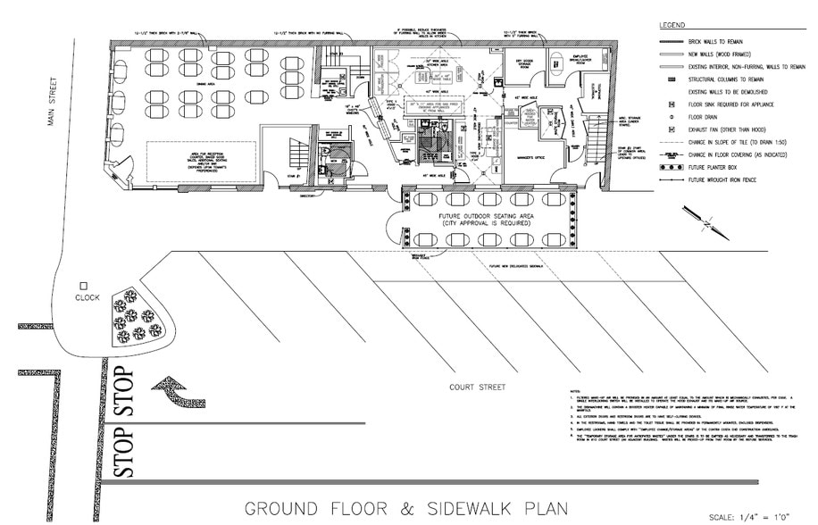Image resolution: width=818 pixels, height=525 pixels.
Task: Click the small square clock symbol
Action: pos(82,285)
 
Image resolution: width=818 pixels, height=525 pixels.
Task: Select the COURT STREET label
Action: pos(479,387)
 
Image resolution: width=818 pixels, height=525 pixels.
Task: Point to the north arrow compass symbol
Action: pos(699,217)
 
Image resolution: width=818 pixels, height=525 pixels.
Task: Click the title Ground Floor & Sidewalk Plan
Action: pos(407,508)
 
